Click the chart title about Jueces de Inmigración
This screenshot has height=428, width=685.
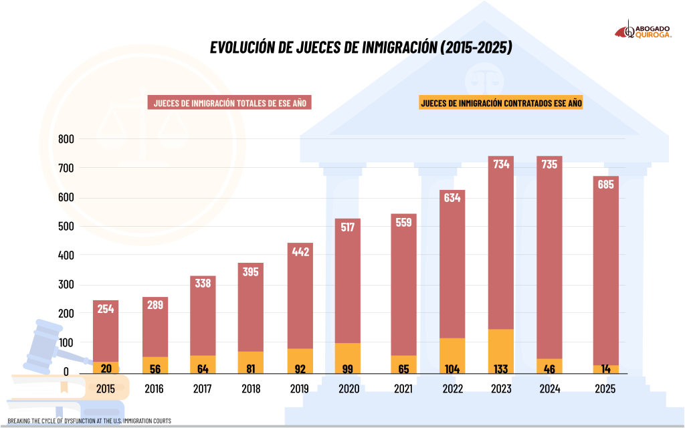pyautogui.click(x=361, y=47)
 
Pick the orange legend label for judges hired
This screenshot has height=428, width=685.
pyautogui.click(x=501, y=103)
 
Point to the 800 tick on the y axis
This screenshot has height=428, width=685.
pyautogui.click(x=66, y=139)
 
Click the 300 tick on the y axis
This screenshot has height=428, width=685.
pyautogui.click(x=66, y=284)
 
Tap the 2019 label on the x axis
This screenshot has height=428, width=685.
pyautogui.click(x=300, y=389)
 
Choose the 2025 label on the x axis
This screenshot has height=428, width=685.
pyautogui.click(x=605, y=389)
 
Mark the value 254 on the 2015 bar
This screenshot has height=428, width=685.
pyautogui.click(x=106, y=309)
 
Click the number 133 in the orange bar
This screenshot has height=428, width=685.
pyautogui.click(x=501, y=368)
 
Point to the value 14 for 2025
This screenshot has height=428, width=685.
pyautogui.click(x=605, y=368)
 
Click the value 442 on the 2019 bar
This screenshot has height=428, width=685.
pyautogui.click(x=300, y=251)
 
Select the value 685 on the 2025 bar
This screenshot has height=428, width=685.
pyautogui.click(x=605, y=185)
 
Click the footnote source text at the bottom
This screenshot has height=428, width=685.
pyautogui.click(x=90, y=421)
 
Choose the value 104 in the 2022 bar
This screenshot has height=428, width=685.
pyautogui.click(x=452, y=368)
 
